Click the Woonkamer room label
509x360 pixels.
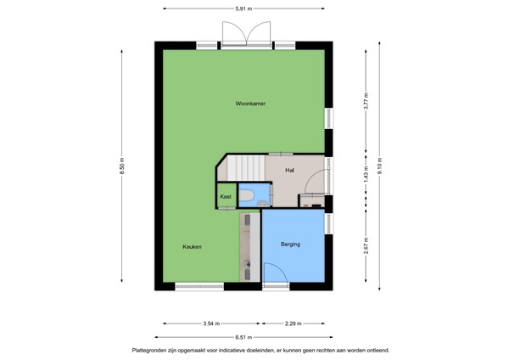coord(251,104)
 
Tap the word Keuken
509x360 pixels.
coord(192,247)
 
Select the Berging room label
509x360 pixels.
coord(291,245)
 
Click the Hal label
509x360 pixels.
coord(289,170)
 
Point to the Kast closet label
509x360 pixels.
coord(226,196)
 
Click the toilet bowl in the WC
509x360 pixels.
coord(247,198)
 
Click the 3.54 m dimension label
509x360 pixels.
coord(211,323)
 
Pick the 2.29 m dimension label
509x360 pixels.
coord(293,323)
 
